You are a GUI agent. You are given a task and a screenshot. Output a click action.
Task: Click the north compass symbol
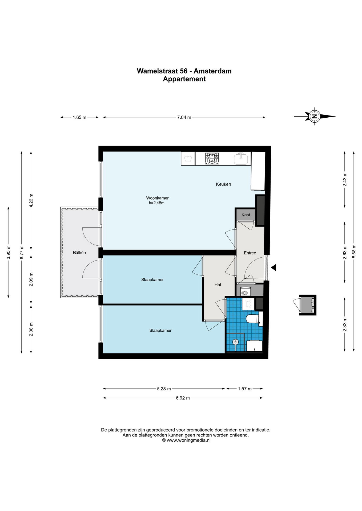click(x=315, y=116)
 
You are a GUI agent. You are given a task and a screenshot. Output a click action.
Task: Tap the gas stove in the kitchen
click(x=212, y=158)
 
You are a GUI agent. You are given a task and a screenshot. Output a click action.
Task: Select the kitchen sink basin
click(x=241, y=159)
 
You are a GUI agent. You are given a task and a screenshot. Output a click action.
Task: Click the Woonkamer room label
click(x=157, y=198)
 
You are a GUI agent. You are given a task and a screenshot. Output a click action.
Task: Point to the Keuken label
click(x=223, y=184)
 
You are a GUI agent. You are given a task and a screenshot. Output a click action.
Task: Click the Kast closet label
click(x=246, y=215)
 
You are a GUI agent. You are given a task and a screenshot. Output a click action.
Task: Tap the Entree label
click(x=250, y=253)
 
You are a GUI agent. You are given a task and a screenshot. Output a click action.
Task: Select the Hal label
click(x=218, y=285)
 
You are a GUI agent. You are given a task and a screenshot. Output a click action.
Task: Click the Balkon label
click(x=79, y=253)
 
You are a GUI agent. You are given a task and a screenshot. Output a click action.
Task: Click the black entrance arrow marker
click(x=273, y=267)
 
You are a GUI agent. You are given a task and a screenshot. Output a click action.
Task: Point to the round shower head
click(x=235, y=342)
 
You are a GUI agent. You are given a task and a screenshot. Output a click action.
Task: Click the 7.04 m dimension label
click(x=184, y=117)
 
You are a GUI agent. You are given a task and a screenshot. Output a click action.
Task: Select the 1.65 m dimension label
click(x=79, y=117)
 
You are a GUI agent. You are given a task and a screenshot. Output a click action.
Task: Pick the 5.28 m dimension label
click(x=164, y=389)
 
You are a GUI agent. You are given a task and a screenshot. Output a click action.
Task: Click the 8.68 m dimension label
click(x=354, y=251)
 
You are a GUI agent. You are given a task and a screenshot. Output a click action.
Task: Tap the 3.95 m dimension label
click(x=9, y=252)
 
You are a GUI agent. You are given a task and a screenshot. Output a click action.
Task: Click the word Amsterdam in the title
click(x=212, y=71)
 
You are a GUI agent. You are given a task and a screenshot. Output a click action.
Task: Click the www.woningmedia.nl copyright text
click(x=186, y=440)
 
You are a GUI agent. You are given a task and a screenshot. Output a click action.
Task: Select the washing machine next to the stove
click(x=188, y=159)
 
